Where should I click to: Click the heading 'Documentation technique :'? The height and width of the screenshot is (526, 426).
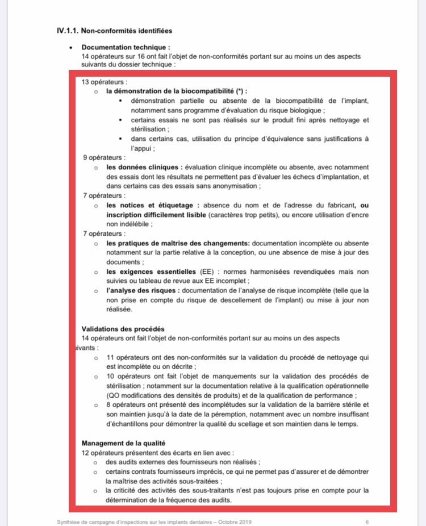(126, 48)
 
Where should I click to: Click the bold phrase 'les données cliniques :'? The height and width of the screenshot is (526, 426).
(144, 167)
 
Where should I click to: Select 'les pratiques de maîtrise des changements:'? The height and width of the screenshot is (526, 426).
(178, 243)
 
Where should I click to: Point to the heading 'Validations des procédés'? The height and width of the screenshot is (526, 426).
(123, 328)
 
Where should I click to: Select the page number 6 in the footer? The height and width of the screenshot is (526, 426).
(367, 521)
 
